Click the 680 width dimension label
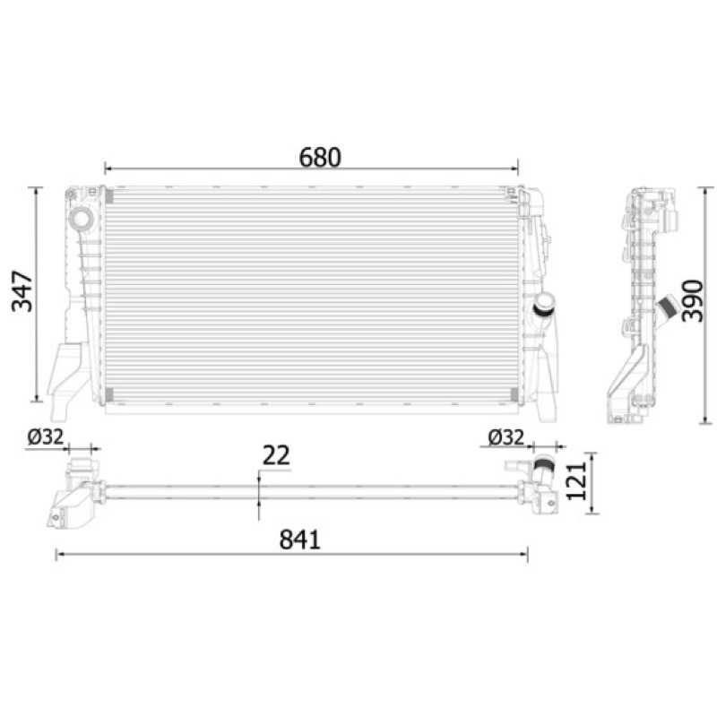click(320, 158)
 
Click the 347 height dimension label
click(22, 291)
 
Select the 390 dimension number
click(692, 300)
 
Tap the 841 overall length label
click(299, 540)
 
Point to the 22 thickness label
click(276, 455)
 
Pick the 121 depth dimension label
click(576, 481)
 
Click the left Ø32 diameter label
click(46, 437)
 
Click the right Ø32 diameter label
click(505, 437)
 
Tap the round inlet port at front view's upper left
click(82, 219)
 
